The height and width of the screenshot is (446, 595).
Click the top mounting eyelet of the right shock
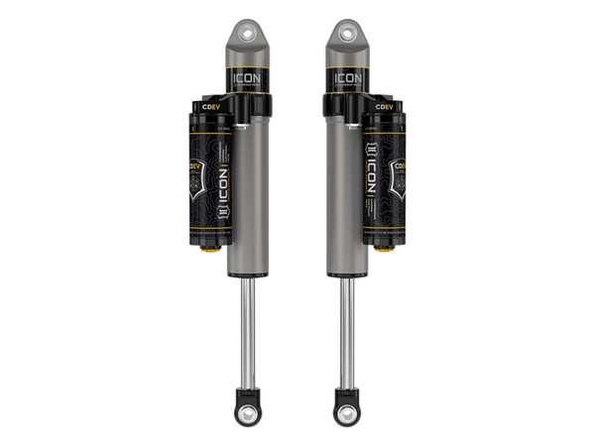[x=347, y=32]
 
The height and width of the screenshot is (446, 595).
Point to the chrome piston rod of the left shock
[x=248, y=327]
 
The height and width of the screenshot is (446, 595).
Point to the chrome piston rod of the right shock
[x=347, y=327]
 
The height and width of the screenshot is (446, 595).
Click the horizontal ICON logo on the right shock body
[x=348, y=76]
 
